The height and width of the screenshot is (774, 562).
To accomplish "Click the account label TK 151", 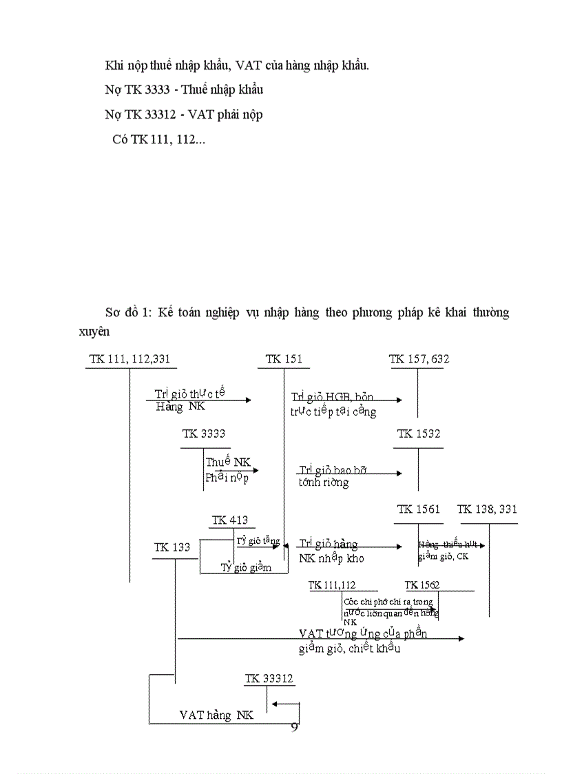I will tap(284, 359).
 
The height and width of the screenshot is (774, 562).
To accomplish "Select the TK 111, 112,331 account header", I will tap(129, 359).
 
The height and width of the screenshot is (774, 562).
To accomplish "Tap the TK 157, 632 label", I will tap(419, 359).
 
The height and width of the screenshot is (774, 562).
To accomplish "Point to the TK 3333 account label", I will tap(204, 434).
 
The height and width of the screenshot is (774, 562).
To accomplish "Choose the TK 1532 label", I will tap(419, 434).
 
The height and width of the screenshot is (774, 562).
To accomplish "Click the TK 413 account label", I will tap(230, 520).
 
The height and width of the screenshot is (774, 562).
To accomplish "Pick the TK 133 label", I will tap(172, 548).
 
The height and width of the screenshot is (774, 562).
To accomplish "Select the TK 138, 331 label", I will tap(488, 510).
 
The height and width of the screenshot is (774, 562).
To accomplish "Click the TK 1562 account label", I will tap(422, 585).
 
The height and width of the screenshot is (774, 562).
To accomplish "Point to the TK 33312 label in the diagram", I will tap(269, 679).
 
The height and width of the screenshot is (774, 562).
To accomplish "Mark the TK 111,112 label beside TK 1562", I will tap(332, 585).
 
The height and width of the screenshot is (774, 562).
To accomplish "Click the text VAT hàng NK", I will tap(216, 715).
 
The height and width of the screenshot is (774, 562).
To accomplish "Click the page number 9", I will tap(295, 727).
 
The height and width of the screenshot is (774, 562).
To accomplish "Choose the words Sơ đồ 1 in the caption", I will tap(127, 313).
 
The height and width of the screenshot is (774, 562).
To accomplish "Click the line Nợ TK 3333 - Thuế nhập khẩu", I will tap(184, 90).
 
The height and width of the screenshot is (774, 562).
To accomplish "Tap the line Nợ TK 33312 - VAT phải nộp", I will tap(184, 115).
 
